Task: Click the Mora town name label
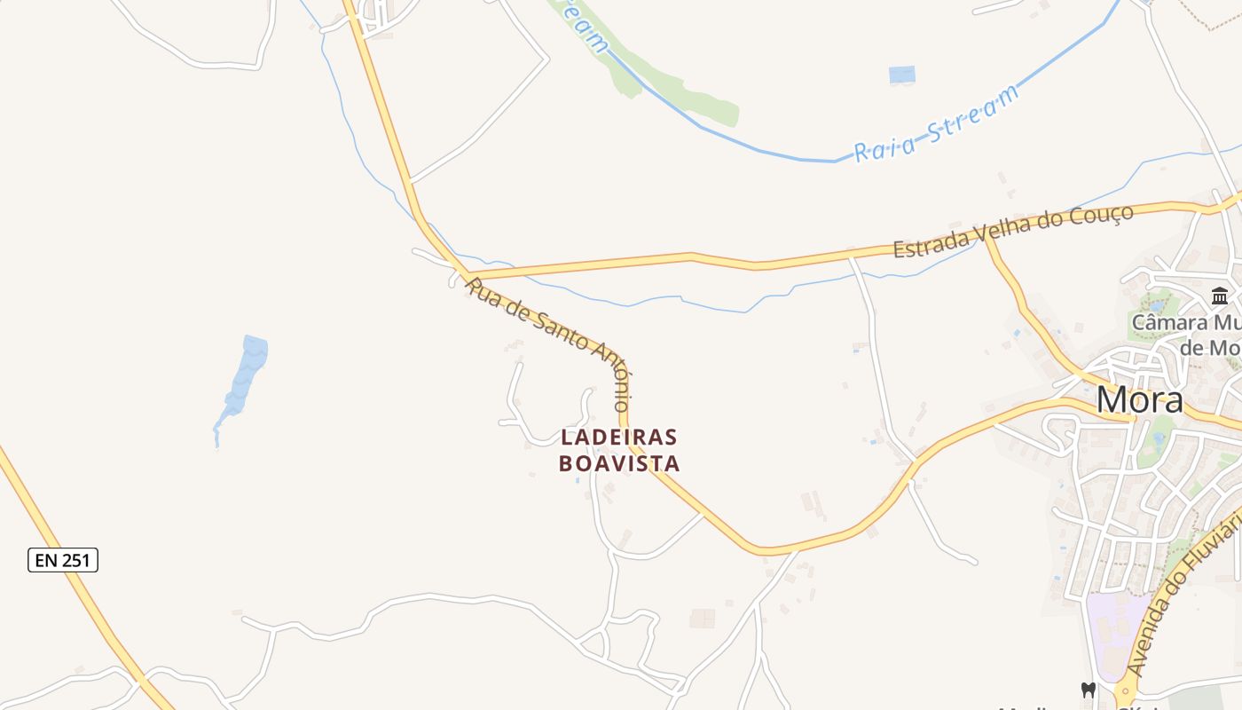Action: (1139, 400)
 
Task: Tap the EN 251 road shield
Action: (63, 560)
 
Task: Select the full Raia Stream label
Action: (937, 125)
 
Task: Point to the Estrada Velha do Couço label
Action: (1013, 231)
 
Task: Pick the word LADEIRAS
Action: (619, 438)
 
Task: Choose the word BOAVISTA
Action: (619, 463)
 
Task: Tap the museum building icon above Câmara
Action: (1220, 296)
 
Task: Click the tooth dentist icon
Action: (1088, 690)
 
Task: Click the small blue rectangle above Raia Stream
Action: (902, 75)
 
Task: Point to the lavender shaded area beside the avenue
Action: (1114, 626)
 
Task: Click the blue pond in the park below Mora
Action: (1159, 438)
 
